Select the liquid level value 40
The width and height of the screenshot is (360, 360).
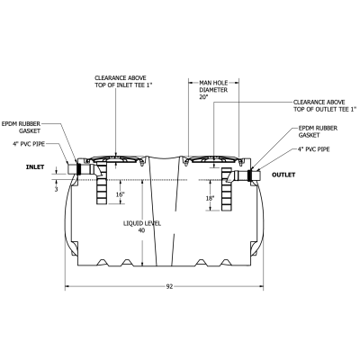141,231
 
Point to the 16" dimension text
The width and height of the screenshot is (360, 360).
120,193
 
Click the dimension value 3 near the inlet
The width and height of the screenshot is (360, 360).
58,189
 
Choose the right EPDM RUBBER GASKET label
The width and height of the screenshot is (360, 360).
316,133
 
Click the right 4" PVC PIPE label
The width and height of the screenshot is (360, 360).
318,151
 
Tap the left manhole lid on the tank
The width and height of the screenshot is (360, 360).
120,160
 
